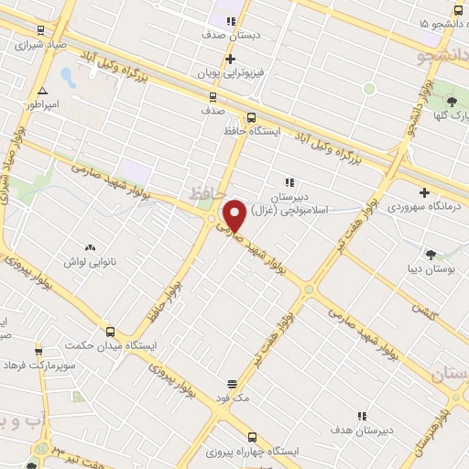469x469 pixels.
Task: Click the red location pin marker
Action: pyautogui.click(x=235, y=215)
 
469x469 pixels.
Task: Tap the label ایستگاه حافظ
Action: pyautogui.click(x=251, y=132)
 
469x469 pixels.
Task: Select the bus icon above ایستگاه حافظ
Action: pyautogui.click(x=251, y=117)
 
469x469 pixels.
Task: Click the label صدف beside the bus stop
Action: pyautogui.click(x=213, y=110)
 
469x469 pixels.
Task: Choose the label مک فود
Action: pyautogui.click(x=233, y=398)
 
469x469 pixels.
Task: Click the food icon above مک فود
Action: pyautogui.click(x=233, y=384)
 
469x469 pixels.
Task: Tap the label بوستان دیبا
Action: pyautogui.click(x=430, y=269)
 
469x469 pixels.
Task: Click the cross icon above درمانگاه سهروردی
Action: pyautogui.click(x=424, y=192)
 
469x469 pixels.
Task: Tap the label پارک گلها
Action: pyautogui.click(x=450, y=115)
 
